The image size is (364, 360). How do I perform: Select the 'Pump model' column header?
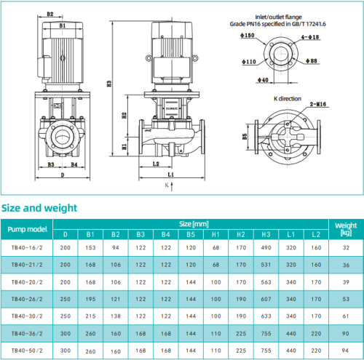(27, 230)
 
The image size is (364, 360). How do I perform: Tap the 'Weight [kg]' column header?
(345, 229)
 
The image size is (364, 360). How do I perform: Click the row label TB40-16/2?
(27, 248)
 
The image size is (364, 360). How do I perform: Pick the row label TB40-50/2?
(27, 352)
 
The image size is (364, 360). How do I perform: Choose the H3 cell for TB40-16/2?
(265, 248)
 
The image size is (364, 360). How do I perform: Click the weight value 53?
(345, 300)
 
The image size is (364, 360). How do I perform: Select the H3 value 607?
(265, 300)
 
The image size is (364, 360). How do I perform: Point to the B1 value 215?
(91, 317)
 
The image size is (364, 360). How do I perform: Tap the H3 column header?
(265, 235)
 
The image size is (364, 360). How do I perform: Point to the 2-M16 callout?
(319, 105)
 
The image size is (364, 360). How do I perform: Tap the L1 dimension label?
(170, 175)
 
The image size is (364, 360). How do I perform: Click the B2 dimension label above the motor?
(50, 14)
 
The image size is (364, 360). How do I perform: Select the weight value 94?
(345, 335)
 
